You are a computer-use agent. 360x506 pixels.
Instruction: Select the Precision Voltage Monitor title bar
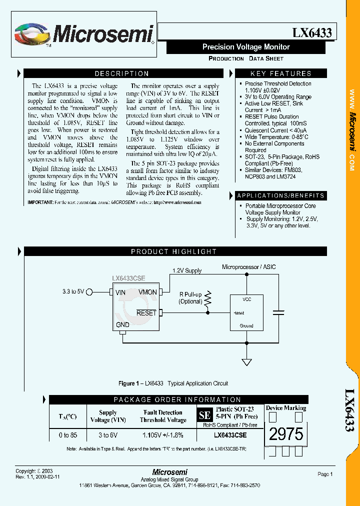coord(245,47)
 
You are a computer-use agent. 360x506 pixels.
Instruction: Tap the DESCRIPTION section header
coord(122,73)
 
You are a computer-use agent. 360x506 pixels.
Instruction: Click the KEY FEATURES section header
coord(280,73)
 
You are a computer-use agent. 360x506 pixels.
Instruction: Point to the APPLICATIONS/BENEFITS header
coord(280,195)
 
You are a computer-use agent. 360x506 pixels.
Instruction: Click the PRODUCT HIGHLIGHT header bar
coord(173,252)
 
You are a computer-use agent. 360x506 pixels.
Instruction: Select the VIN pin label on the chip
coord(120,292)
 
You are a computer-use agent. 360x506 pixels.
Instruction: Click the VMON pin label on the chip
coord(147,292)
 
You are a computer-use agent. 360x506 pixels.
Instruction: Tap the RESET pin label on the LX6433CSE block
coord(146,313)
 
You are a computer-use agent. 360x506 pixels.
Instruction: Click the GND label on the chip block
coord(122,324)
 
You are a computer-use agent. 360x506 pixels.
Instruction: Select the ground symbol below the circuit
coord(246,361)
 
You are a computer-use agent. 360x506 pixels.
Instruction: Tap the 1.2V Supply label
coord(186,270)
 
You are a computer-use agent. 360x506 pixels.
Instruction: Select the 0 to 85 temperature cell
coord(67,435)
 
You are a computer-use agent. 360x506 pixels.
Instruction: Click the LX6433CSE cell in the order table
coord(230,435)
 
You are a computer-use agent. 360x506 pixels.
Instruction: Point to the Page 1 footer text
coord(324,474)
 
